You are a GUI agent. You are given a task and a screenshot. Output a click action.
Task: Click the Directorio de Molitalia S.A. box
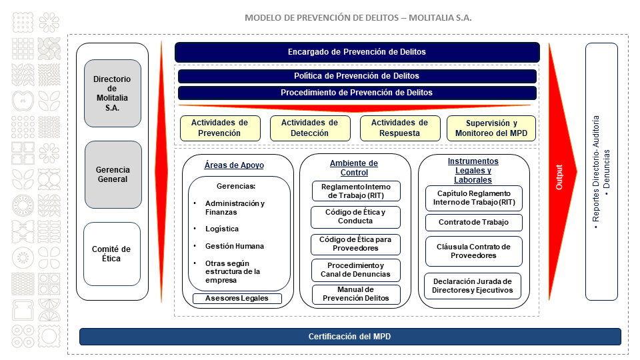pyautogui.click(x=113, y=93)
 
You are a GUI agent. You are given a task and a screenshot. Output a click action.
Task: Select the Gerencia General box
pyautogui.click(x=113, y=175)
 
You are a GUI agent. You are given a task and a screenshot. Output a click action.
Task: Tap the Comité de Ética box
pyautogui.click(x=112, y=254)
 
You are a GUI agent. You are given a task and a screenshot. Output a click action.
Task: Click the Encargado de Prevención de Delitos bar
pyautogui.click(x=357, y=52)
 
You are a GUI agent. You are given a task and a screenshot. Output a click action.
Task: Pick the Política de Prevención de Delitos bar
pyautogui.click(x=357, y=76)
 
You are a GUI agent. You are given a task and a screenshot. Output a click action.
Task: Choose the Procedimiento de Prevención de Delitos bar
pyautogui.click(x=357, y=93)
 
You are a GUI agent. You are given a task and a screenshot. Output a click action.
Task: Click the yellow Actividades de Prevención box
pyautogui.click(x=220, y=128)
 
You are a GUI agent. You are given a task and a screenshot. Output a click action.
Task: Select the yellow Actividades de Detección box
pyautogui.click(x=310, y=128)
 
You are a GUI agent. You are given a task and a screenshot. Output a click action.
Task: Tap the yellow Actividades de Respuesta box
pyautogui.click(x=400, y=128)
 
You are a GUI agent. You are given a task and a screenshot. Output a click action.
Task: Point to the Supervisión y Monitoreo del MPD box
pyautogui.click(x=491, y=128)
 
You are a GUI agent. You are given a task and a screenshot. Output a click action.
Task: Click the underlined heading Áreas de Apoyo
pyautogui.click(x=234, y=165)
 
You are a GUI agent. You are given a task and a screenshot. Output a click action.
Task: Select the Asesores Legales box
pyautogui.click(x=237, y=299)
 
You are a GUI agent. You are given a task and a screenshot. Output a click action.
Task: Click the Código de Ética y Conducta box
pyautogui.click(x=355, y=217)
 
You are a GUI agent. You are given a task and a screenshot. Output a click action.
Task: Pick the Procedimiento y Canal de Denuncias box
pyautogui.click(x=355, y=270)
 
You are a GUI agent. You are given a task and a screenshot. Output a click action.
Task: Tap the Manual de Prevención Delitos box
pyautogui.click(x=356, y=294)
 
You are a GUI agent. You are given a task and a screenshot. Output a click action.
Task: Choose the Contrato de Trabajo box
pyautogui.click(x=474, y=223)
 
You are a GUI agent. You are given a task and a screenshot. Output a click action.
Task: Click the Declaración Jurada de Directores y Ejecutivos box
pyautogui.click(x=473, y=286)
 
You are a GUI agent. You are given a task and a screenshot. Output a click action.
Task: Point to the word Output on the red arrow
pyautogui.click(x=559, y=177)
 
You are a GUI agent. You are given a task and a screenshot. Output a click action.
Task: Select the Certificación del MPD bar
pyautogui.click(x=350, y=337)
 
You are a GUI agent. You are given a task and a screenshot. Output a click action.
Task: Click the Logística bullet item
pyautogui.click(x=221, y=229)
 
